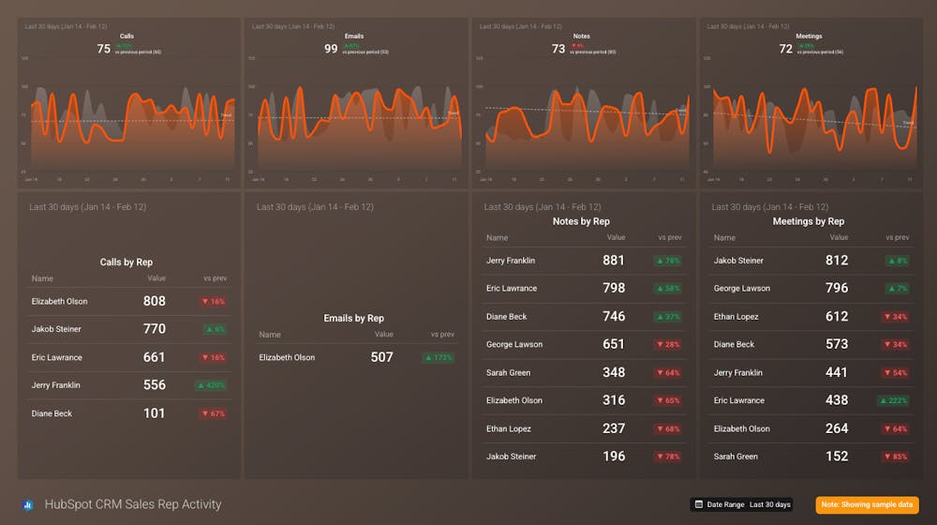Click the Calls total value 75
(103, 49)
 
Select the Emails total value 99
(331, 49)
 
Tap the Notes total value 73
(558, 49)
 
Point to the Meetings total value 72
(786, 49)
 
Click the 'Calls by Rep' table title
(126, 262)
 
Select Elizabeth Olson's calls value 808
(155, 301)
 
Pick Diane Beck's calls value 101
(155, 413)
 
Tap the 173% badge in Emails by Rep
(439, 357)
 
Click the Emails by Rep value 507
(382, 357)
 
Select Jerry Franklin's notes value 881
(614, 261)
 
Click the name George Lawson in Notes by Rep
(514, 345)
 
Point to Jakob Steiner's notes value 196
(614, 457)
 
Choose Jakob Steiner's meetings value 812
(837, 261)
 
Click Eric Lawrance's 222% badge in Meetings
(894, 400)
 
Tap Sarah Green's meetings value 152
(837, 457)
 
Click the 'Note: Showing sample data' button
(867, 504)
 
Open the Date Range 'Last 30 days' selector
(742, 504)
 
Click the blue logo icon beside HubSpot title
(28, 504)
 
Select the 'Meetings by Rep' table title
(809, 221)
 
